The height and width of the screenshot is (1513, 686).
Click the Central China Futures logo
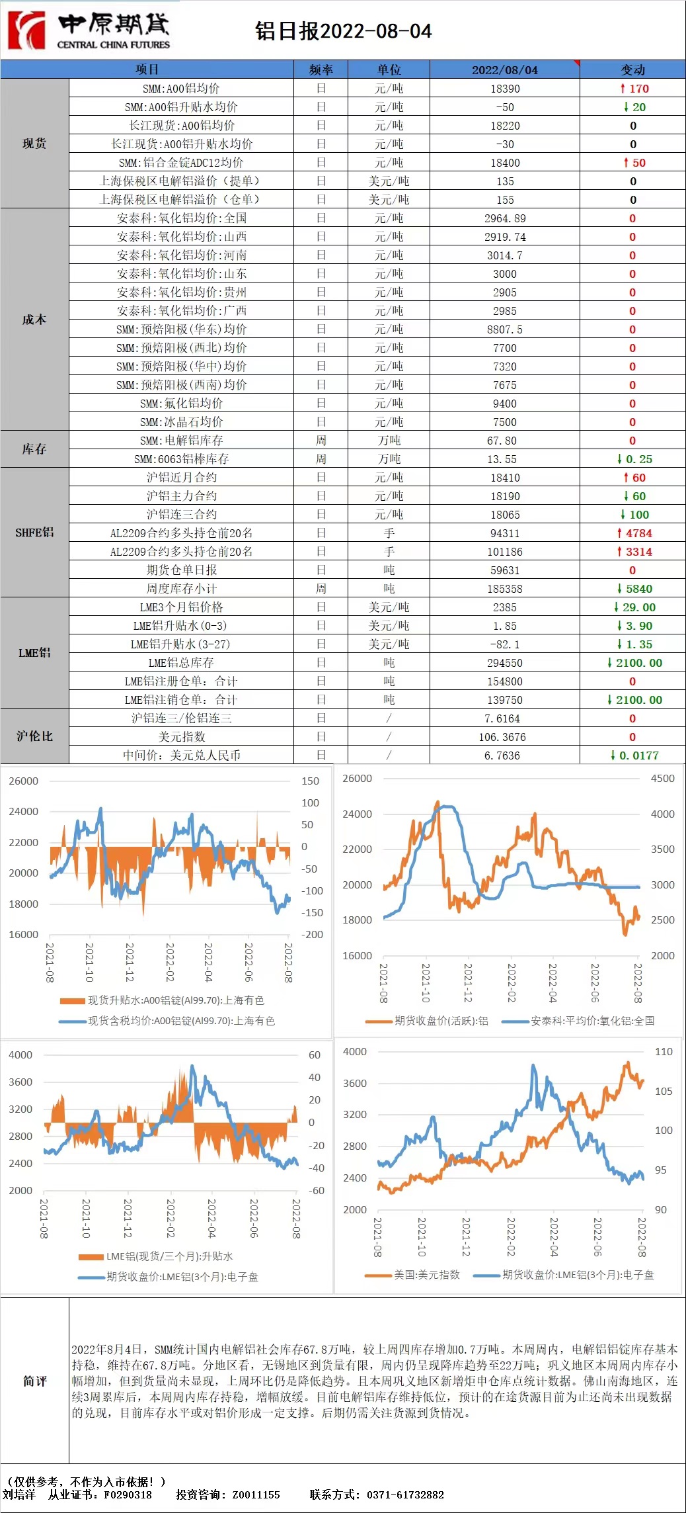coord(89,30)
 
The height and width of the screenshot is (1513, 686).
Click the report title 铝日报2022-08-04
coord(343,31)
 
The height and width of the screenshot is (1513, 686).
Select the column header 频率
coord(321,69)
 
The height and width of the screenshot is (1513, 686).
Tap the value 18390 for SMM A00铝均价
coord(505,89)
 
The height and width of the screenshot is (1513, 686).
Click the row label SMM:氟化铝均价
coord(181,404)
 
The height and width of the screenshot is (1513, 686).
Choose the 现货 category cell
coord(34,144)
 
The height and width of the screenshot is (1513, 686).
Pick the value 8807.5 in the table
coord(505,329)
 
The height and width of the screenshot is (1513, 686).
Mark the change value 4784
coord(634,533)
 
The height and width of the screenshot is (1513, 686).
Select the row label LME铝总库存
coord(181,663)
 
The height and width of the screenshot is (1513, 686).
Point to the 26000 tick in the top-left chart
coord(24,781)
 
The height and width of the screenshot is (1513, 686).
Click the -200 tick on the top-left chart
coord(312,935)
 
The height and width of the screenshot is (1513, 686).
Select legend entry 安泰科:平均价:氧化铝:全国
coord(592,1021)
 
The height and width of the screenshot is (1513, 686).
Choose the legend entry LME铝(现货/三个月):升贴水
coord(169,1256)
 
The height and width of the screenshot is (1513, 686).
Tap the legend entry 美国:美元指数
coord(426,1275)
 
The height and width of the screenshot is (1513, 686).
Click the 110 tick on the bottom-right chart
coord(664,1051)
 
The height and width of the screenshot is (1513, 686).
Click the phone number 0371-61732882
coord(405,1494)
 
